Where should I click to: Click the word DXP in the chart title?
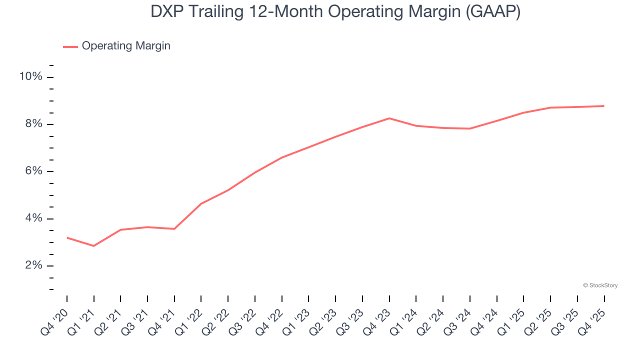(x=167, y=12)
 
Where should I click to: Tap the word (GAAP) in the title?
(x=492, y=12)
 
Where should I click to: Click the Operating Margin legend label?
(x=126, y=46)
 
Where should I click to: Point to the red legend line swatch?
(x=70, y=46)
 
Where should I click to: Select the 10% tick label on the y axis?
(x=30, y=76)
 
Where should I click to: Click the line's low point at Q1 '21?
(x=93, y=246)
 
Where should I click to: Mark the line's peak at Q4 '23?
(x=389, y=118)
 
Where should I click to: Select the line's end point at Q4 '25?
(x=604, y=106)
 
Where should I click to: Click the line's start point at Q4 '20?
(x=67, y=237)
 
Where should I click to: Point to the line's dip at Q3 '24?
(x=470, y=128)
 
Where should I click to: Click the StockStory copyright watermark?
(x=600, y=285)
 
